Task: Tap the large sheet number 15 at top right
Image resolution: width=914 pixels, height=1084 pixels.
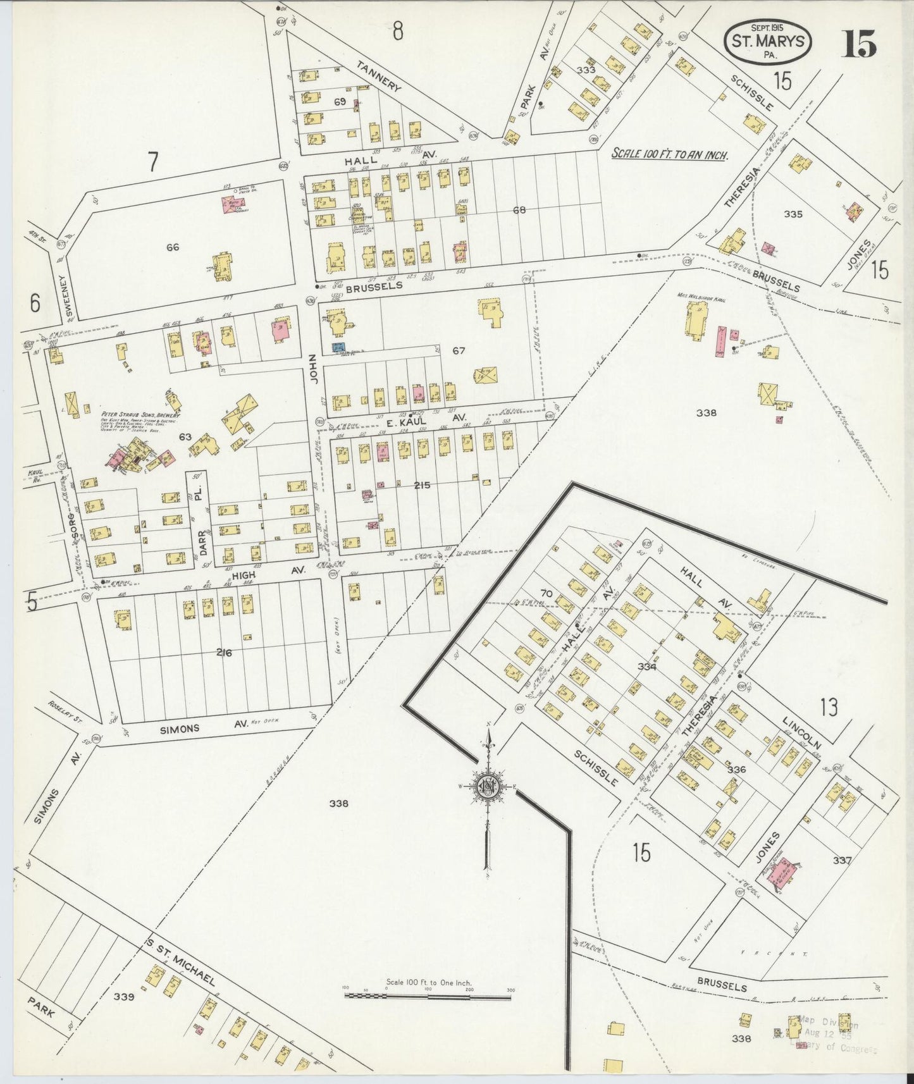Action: pyautogui.click(x=858, y=43)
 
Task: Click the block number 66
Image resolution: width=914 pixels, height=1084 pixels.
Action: pyautogui.click(x=173, y=247)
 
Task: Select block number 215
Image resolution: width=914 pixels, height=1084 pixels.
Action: pyautogui.click(x=422, y=485)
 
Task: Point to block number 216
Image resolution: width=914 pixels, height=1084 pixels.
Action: pyautogui.click(x=224, y=653)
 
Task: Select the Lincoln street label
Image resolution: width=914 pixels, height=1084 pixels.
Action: pyautogui.click(x=801, y=732)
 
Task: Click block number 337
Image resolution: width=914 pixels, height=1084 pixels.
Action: pyautogui.click(x=843, y=861)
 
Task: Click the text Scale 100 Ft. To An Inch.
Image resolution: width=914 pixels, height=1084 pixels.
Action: pyautogui.click(x=669, y=154)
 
